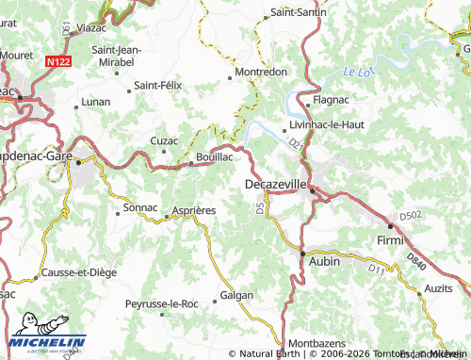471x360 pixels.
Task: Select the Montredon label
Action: [261, 72]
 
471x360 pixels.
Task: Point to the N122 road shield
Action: [57, 61]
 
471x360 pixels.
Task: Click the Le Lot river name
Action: [358, 72]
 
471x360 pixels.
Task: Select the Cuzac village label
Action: [164, 140]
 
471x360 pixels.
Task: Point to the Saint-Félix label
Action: [157, 85]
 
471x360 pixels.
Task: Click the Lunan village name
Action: [96, 100]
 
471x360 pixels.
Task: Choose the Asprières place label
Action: [193, 210]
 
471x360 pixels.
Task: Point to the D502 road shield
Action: [413, 217]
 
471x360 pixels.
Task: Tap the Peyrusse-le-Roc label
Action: [163, 304]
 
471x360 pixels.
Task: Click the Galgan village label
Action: [236, 295]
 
